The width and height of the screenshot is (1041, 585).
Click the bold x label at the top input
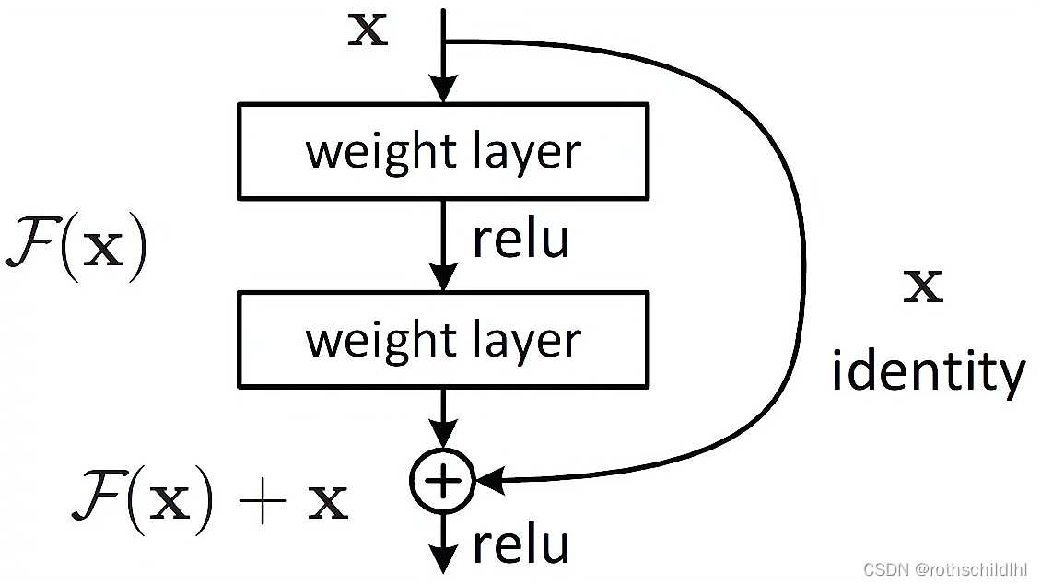pos(368,29)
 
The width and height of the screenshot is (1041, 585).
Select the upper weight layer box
pos(443,151)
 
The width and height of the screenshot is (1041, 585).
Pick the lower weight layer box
pos(443,339)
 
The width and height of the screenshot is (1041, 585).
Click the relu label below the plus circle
pos(521,544)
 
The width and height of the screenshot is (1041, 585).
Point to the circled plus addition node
pos(443,480)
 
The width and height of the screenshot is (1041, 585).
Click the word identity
pos(929,370)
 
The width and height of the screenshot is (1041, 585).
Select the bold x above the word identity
pos(923,287)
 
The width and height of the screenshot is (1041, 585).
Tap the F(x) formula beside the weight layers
pos(76,247)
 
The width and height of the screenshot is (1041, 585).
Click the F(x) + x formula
pos(210,500)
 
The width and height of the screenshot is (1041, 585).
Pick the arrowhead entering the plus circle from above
pos(443,434)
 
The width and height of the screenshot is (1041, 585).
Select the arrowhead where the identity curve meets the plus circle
pos(490,479)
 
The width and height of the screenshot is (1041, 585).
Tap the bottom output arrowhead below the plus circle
pos(443,558)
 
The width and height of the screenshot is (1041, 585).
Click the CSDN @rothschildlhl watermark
pos(945,569)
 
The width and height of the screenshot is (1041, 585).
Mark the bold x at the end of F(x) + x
pos(328,503)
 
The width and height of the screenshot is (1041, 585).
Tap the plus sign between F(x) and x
pos(263,500)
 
